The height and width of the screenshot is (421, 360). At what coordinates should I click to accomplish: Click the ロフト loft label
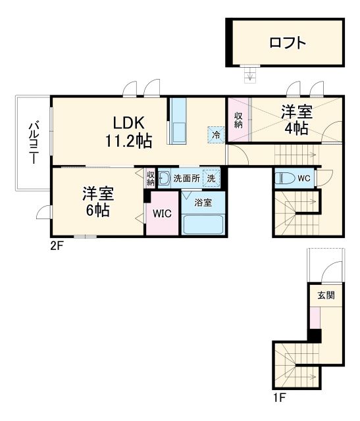[x=288, y=43]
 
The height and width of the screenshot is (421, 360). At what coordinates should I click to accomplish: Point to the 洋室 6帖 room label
[x=98, y=202]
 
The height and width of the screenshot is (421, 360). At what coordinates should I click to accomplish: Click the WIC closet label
[x=162, y=213]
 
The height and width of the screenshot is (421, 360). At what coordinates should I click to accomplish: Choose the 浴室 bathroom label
[x=203, y=203]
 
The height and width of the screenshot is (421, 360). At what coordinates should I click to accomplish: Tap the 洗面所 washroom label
[x=186, y=178]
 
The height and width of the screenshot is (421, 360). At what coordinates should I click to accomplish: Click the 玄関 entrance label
[x=326, y=295]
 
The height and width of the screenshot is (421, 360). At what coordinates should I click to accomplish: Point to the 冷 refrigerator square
[x=216, y=134]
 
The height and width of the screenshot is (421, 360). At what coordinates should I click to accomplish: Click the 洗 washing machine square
[x=211, y=178]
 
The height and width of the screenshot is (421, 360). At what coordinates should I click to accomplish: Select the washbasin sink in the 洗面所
[x=165, y=178]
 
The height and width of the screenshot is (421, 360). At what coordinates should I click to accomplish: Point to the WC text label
[x=303, y=178]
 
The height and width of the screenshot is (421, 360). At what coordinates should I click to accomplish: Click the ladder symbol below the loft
[x=249, y=74]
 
